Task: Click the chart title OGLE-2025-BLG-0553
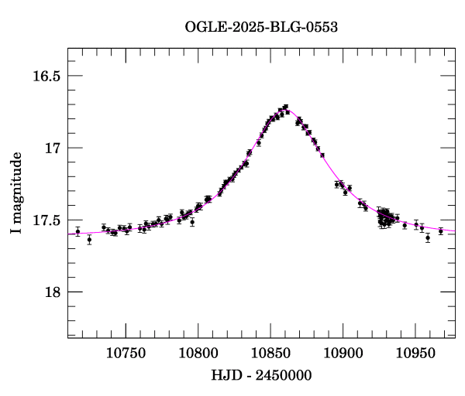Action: pyautogui.click(x=261, y=27)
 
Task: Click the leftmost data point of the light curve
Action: pyautogui.click(x=77, y=231)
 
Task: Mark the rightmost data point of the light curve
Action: pyautogui.click(x=440, y=230)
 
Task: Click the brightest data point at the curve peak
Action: pyautogui.click(x=285, y=107)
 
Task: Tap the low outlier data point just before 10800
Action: pyautogui.click(x=192, y=221)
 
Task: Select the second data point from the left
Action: pyautogui.click(x=89, y=240)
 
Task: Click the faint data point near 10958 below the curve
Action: pyautogui.click(x=428, y=237)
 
